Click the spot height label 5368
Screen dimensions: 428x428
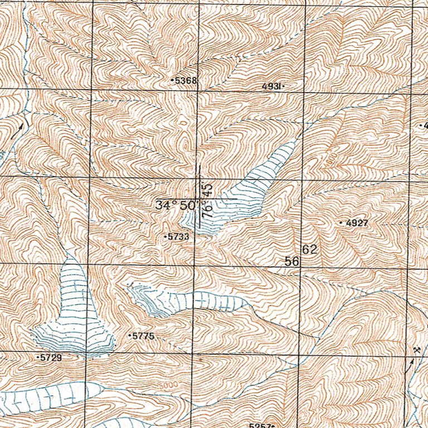point(186,81)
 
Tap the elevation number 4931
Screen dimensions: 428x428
point(272,86)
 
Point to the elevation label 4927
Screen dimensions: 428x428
point(357,223)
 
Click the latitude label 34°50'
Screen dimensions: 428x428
point(176,205)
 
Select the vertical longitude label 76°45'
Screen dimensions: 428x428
point(208,200)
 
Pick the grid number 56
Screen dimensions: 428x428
point(293,261)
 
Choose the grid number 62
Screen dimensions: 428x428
point(310,250)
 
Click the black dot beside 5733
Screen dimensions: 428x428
point(166,237)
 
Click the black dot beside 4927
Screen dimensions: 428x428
point(341,223)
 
